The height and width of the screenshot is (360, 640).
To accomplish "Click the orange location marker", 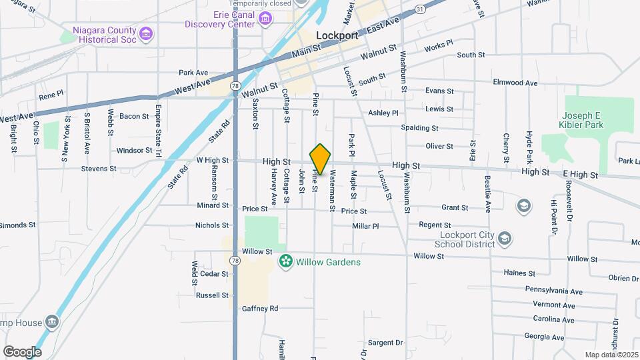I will point(321,159).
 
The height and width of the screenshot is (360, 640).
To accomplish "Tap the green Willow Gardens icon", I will point(286,261).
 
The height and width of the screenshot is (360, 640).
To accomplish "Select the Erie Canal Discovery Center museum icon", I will point(266,17).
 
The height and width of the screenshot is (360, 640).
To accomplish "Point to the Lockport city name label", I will point(337,35).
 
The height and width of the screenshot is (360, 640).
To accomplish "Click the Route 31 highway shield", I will point(419,9).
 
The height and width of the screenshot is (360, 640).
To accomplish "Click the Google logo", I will point(22,351).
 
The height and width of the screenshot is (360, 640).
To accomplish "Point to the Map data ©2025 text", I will point(610,355).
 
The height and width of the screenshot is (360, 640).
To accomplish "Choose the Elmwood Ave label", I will point(515,83).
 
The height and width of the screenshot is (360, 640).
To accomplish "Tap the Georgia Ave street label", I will point(544,337).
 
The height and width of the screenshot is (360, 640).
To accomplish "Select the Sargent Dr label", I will point(385,343).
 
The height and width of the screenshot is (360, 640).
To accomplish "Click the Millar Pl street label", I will point(365,226).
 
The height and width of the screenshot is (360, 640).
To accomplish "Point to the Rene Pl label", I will point(51,95).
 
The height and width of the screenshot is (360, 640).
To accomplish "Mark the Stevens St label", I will point(99,169).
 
